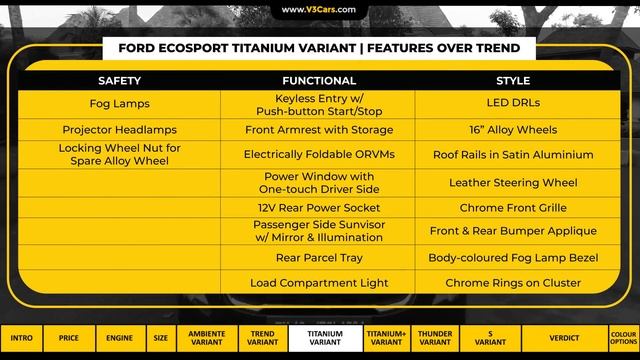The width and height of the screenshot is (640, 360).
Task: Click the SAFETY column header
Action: point(120,80)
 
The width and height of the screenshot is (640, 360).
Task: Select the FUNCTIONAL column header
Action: point(319,80)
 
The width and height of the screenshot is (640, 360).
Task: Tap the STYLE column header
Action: point(513,80)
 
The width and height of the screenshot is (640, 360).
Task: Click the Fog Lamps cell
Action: point(120,103)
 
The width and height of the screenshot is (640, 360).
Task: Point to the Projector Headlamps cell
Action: point(120,130)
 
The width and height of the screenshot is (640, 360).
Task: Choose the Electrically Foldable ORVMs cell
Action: point(319,155)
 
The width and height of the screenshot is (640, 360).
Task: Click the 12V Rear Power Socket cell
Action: point(319,208)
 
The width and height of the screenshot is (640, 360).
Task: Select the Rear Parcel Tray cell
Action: point(319,258)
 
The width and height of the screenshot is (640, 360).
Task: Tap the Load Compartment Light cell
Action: point(319,283)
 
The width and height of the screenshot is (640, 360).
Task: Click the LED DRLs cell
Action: point(513,103)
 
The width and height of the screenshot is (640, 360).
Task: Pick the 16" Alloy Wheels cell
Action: point(513,130)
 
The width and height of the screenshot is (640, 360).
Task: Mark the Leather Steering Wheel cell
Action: point(513,183)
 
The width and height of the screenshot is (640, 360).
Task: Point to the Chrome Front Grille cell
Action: point(513,208)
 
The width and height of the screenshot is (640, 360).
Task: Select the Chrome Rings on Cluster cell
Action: point(513,283)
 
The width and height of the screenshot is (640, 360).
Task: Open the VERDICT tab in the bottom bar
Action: point(564,338)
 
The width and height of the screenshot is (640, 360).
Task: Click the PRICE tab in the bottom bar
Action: point(69,338)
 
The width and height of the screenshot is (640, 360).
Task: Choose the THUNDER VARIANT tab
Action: point(435,338)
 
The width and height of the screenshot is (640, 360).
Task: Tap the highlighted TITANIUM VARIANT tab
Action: point(325,338)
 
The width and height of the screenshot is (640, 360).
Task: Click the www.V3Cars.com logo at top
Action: point(319,10)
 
